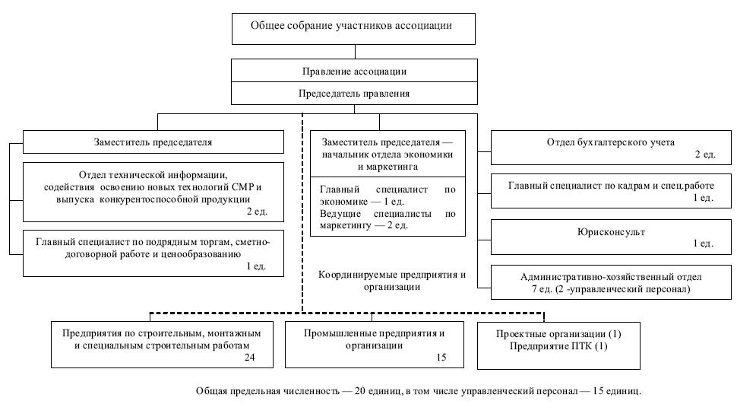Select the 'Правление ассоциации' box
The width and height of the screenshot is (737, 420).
[x=354, y=72]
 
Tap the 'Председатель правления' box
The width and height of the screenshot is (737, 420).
[x=354, y=94]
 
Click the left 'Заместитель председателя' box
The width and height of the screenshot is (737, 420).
[x=153, y=142]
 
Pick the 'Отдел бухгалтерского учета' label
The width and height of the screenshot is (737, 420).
[x=611, y=142]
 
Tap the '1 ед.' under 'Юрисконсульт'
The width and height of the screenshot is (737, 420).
[x=703, y=243]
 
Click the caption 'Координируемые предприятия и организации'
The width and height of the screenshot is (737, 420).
[x=391, y=281]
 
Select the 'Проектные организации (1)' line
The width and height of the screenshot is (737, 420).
[x=558, y=335]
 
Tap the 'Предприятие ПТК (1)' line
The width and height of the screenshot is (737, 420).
[x=558, y=346]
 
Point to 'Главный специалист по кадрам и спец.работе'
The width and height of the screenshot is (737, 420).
[x=611, y=186]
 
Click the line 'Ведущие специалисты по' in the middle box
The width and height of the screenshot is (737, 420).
[x=387, y=214]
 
